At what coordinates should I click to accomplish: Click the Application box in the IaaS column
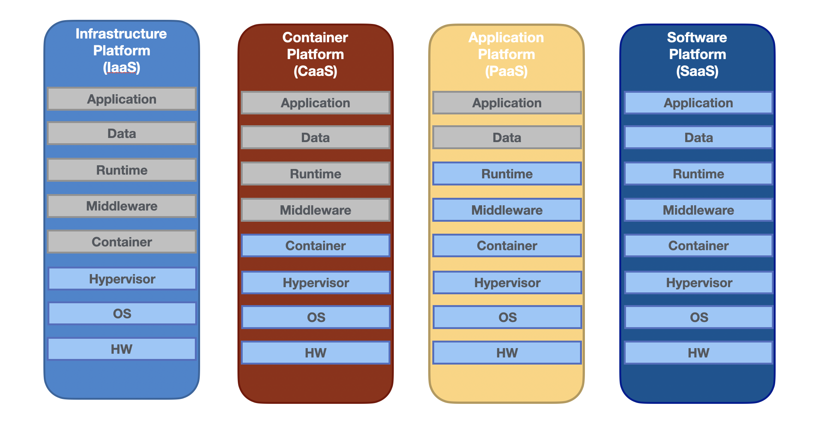point(122,99)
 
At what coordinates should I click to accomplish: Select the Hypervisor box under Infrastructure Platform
point(122,279)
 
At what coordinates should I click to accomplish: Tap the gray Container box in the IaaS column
point(122,242)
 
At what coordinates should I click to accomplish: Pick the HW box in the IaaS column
point(122,349)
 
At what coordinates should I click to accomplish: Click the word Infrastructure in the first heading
point(121,34)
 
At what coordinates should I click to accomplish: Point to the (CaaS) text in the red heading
point(315,71)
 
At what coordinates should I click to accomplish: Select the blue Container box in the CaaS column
point(315,246)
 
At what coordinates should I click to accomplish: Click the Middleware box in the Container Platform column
point(315,210)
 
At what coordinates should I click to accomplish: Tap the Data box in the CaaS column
point(315,138)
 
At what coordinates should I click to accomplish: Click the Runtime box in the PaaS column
point(507,174)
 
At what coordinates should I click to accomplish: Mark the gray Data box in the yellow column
point(507,138)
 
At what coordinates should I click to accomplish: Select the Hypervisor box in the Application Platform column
point(507,283)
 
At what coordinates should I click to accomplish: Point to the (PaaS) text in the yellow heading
point(506,71)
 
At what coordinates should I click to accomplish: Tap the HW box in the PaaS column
point(507,353)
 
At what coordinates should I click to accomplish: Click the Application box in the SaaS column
point(698,103)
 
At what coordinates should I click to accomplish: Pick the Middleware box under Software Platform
point(698,210)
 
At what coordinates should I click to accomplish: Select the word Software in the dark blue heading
point(697,37)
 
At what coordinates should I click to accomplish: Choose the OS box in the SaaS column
point(699,317)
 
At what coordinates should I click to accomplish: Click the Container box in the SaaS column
point(698,246)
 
